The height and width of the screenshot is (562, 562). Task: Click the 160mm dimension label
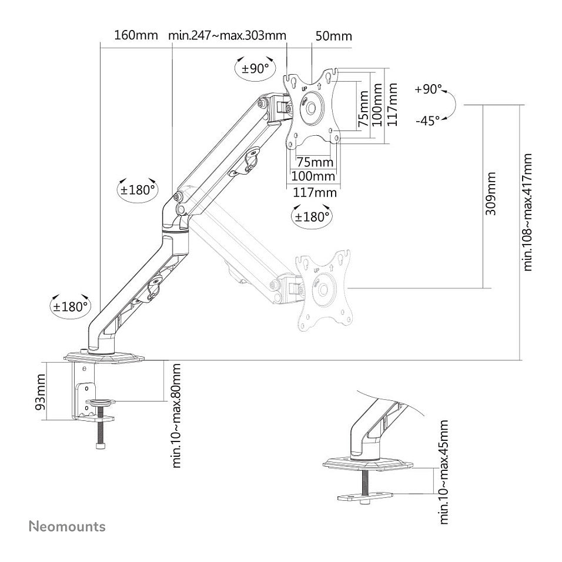tap(136, 35)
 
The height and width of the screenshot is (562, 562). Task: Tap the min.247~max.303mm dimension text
tap(228, 35)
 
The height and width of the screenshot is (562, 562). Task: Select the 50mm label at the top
tap(334, 36)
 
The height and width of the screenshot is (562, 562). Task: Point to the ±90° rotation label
tap(255, 68)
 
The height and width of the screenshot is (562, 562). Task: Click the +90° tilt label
tap(429, 89)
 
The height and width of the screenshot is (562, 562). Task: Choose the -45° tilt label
tap(427, 121)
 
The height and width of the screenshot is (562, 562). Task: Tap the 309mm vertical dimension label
tap(491, 193)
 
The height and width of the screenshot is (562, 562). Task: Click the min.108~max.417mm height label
tap(527, 212)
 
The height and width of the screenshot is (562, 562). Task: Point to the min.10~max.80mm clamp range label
tap(176, 416)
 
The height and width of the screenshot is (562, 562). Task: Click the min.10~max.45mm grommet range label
tap(444, 472)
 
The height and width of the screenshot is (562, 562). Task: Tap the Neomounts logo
tap(68, 527)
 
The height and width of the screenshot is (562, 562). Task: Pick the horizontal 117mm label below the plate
tap(315, 193)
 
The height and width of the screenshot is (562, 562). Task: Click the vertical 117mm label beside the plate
tap(393, 104)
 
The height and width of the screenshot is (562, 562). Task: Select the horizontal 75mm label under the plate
tap(315, 162)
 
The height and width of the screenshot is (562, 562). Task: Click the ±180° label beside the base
tap(71, 307)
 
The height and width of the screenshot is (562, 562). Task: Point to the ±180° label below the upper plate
tap(312, 217)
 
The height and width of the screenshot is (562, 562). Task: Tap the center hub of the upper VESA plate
tap(311, 107)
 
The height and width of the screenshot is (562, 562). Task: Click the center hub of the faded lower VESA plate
tap(324, 289)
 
